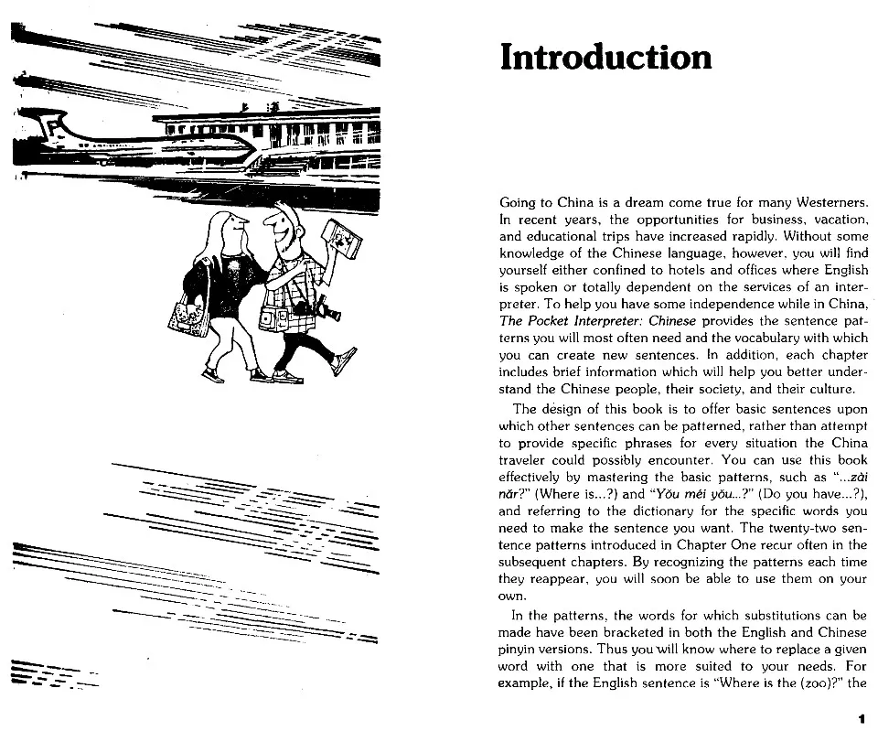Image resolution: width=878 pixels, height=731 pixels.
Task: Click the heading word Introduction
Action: pyautogui.click(x=605, y=57)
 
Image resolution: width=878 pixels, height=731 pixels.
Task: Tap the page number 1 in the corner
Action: pyautogui.click(x=861, y=719)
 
